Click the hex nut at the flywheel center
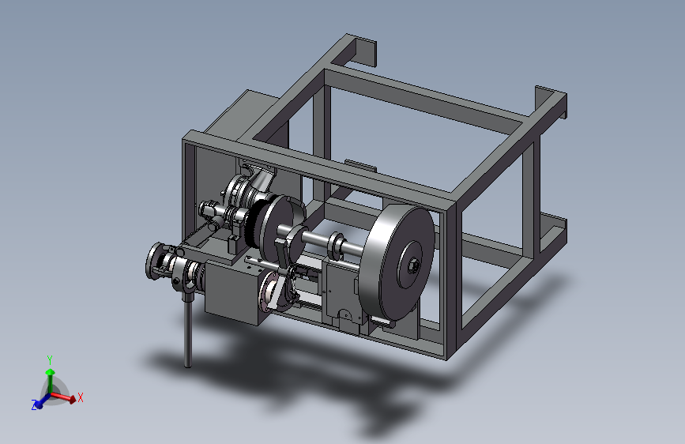click(413, 265)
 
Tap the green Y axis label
click(50, 360)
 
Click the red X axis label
click(81, 397)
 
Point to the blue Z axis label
click(34, 405)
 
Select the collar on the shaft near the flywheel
click(337, 246)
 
